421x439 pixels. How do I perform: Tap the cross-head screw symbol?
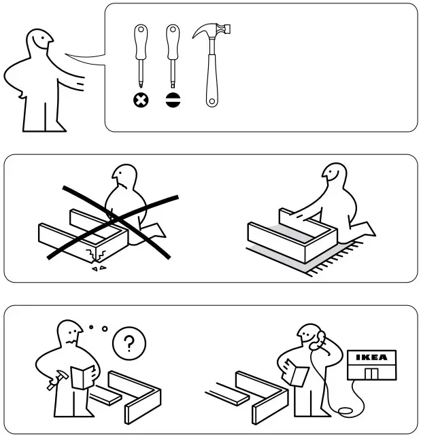[140, 101]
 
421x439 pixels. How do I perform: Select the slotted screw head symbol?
[172, 101]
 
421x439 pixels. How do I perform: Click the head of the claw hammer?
[210, 31]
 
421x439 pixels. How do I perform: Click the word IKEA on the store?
[369, 357]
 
